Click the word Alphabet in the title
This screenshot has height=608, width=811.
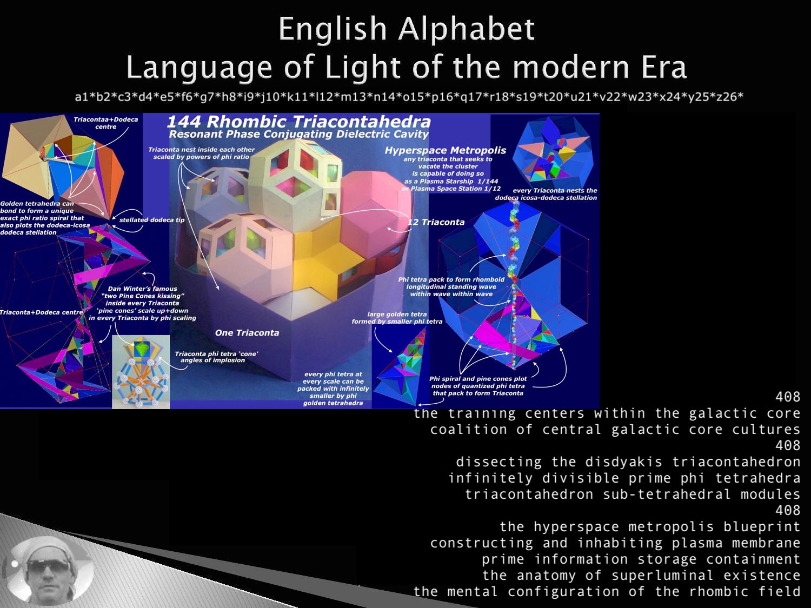[x=466, y=30]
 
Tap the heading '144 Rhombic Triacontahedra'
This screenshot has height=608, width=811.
[x=298, y=122]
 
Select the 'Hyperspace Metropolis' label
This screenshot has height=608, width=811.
[x=445, y=150]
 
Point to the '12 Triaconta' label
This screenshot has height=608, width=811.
[x=436, y=222]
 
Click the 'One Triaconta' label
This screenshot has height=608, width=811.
[x=247, y=332]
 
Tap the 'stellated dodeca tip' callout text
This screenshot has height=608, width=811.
[x=152, y=220]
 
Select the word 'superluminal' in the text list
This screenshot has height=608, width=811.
[x=662, y=576]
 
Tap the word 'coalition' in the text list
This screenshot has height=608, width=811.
[x=469, y=430]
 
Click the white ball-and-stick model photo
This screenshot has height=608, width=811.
[x=141, y=372]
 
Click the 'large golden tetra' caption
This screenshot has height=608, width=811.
[x=397, y=315]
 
